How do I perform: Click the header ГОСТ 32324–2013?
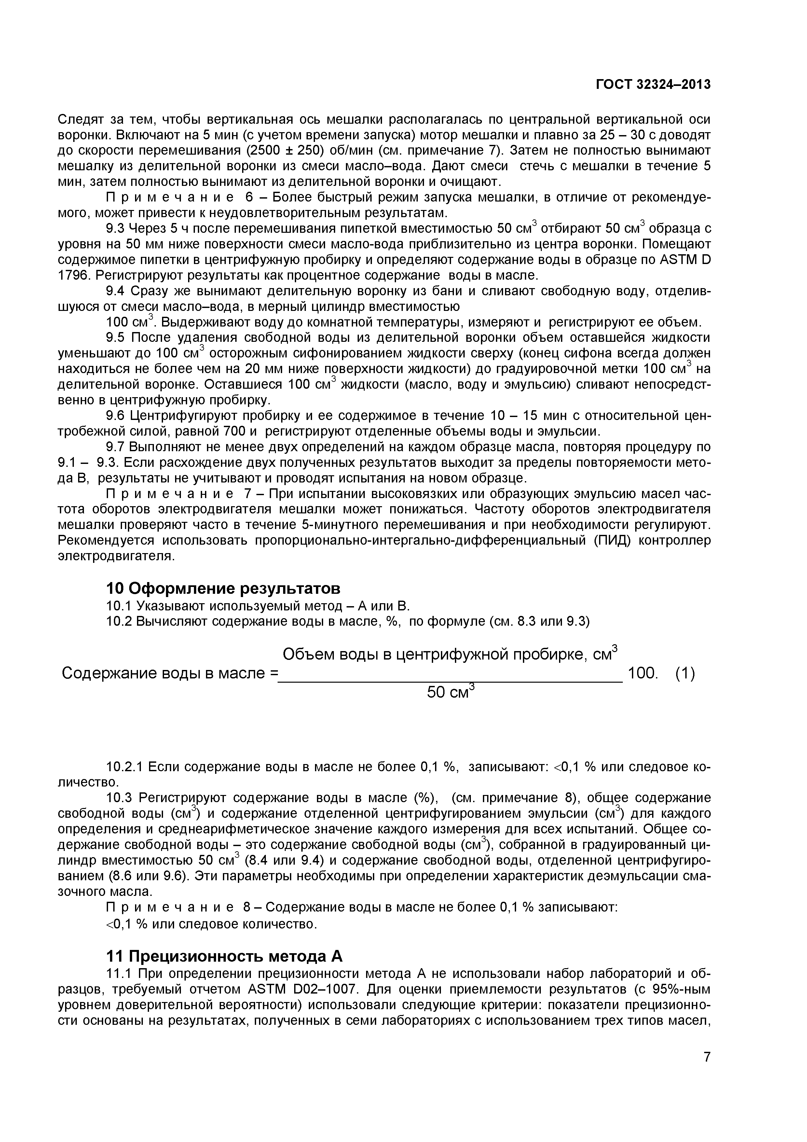point(653,85)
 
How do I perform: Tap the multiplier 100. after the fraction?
point(643,674)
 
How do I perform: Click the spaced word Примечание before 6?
point(170,198)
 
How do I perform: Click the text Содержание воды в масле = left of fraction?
point(170,674)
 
